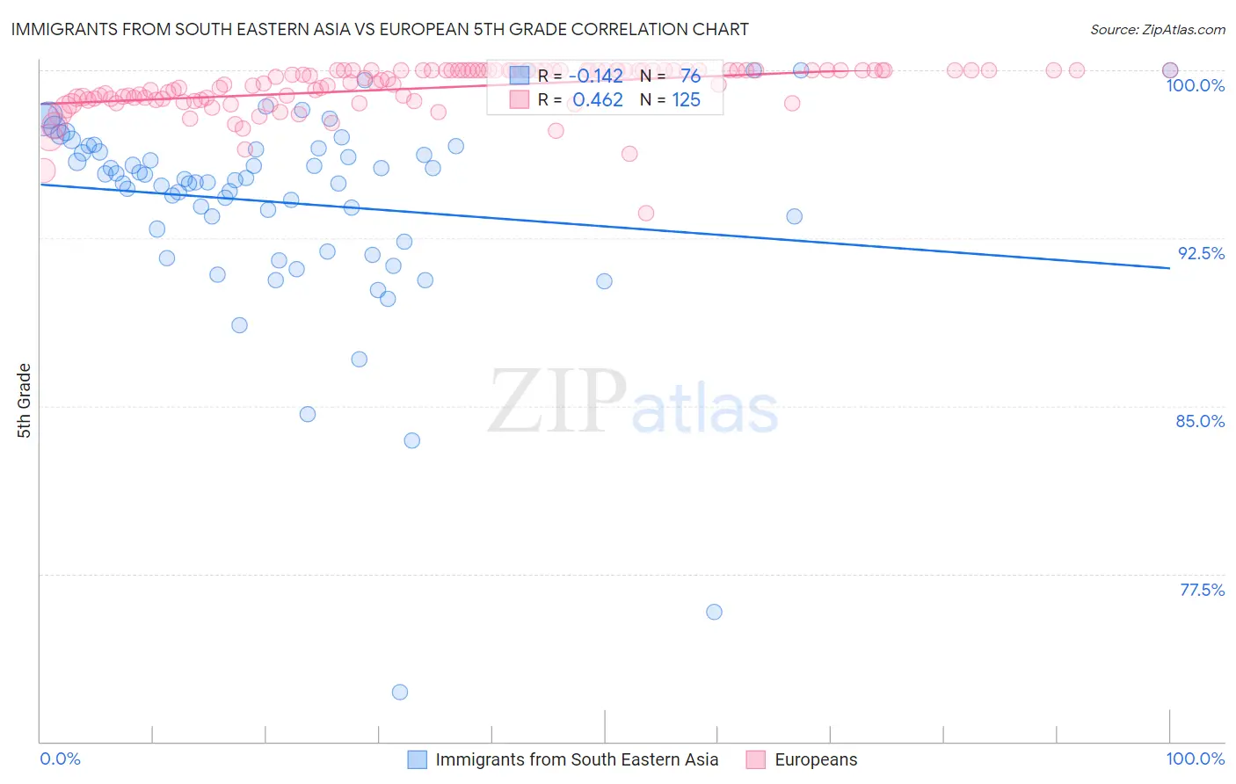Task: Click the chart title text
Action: click(380, 29)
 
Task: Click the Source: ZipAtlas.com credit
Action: click(1157, 29)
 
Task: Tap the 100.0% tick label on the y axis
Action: click(1195, 85)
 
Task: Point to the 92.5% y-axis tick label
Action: click(1201, 253)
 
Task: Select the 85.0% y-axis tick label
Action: click(1200, 421)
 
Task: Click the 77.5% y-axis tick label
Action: click(1202, 590)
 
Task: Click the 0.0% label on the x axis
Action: click(60, 759)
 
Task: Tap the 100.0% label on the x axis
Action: click(1195, 759)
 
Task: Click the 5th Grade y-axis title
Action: click(25, 401)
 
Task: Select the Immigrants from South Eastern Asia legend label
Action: click(577, 759)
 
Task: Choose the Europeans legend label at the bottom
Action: click(816, 759)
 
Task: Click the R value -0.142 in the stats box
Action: click(600, 76)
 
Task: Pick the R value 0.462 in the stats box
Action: click(598, 100)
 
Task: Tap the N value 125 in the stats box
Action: click(686, 100)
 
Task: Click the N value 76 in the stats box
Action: click(690, 76)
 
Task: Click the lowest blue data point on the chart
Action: click(400, 692)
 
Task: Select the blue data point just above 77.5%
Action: click(714, 612)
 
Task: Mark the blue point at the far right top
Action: click(1170, 70)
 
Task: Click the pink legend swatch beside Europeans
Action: click(755, 759)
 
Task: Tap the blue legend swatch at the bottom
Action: click(417, 759)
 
